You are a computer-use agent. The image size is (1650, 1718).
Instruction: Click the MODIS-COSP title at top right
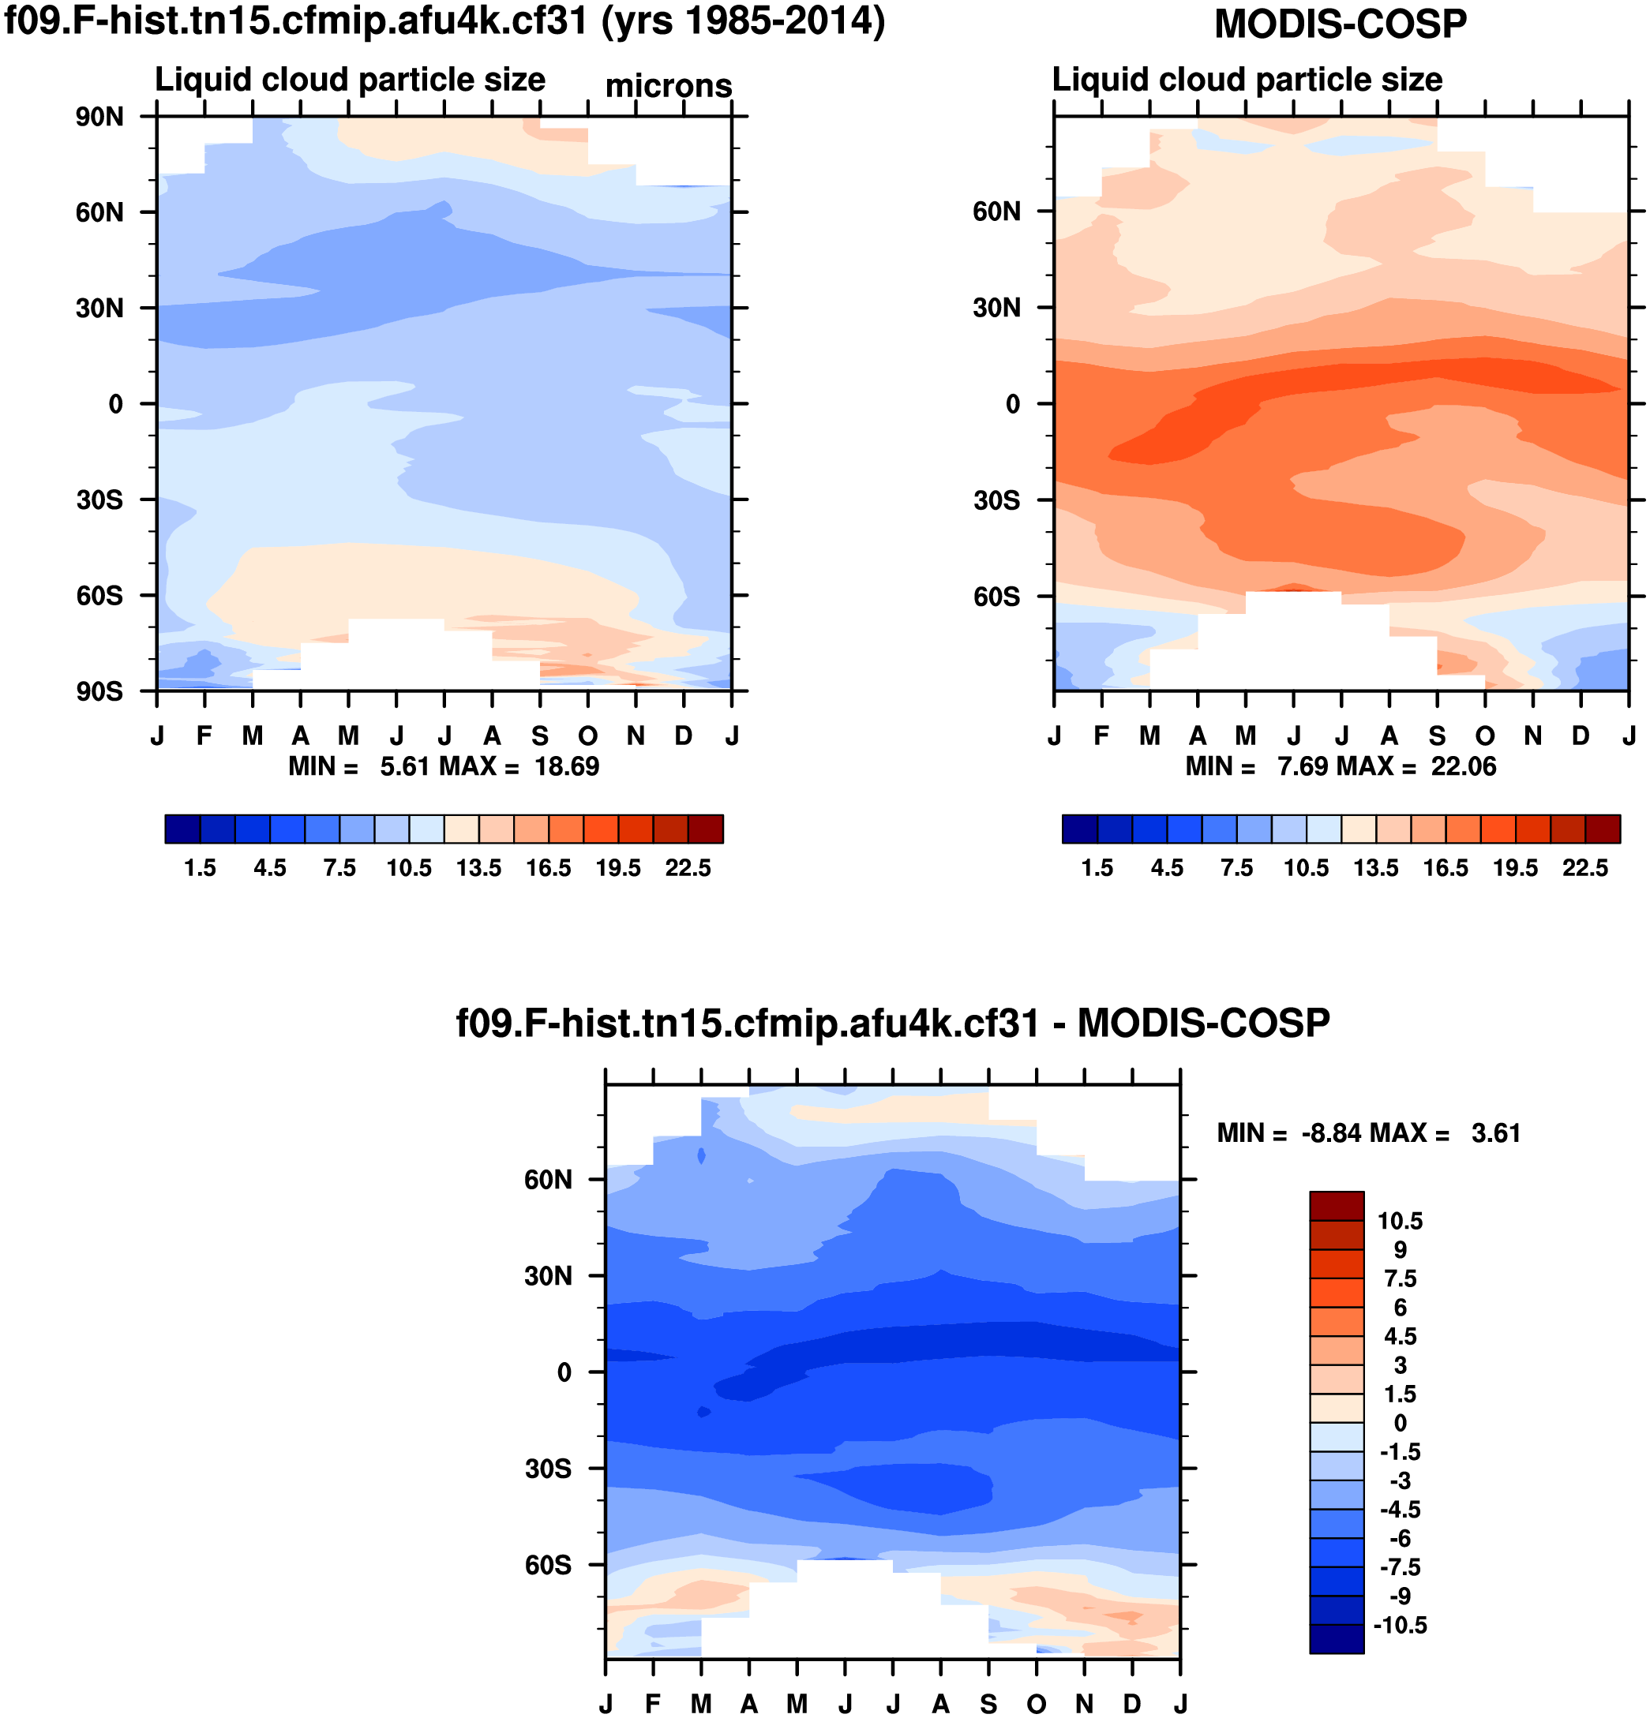[x=1340, y=24]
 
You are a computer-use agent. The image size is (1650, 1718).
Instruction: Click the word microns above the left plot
[x=668, y=86]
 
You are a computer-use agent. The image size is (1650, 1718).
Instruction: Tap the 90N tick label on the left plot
[x=99, y=117]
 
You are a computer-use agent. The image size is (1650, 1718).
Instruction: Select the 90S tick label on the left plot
[x=99, y=691]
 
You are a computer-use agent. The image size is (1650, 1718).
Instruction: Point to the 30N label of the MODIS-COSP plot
[x=996, y=308]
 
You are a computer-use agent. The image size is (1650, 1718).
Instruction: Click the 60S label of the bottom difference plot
[x=548, y=1565]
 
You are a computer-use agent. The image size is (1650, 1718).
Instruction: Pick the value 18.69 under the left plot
[x=566, y=767]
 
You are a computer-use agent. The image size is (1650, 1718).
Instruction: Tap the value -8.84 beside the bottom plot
[x=1331, y=1133]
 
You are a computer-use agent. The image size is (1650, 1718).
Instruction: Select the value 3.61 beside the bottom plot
[x=1496, y=1133]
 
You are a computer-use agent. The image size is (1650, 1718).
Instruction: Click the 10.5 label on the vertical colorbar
[x=1399, y=1221]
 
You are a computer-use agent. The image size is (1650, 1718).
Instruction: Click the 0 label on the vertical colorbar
[x=1399, y=1423]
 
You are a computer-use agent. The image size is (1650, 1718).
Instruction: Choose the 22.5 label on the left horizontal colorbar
[x=688, y=868]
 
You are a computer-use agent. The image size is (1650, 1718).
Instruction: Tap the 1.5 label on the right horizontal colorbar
[x=1097, y=868]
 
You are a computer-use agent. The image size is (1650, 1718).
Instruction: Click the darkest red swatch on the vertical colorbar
[x=1336, y=1206]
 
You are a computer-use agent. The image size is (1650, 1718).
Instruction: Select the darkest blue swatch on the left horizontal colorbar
[x=182, y=829]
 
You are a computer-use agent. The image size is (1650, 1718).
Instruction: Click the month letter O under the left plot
[x=587, y=736]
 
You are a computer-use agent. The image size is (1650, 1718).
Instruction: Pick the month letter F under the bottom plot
[x=653, y=1703]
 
